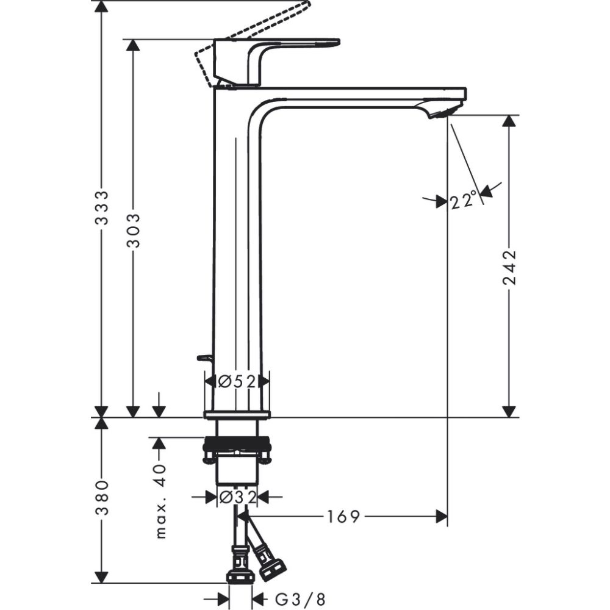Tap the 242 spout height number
[x=509, y=267]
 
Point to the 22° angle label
[x=463, y=200]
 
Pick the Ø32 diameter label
[x=237, y=497]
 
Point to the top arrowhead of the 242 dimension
[x=509, y=121]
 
